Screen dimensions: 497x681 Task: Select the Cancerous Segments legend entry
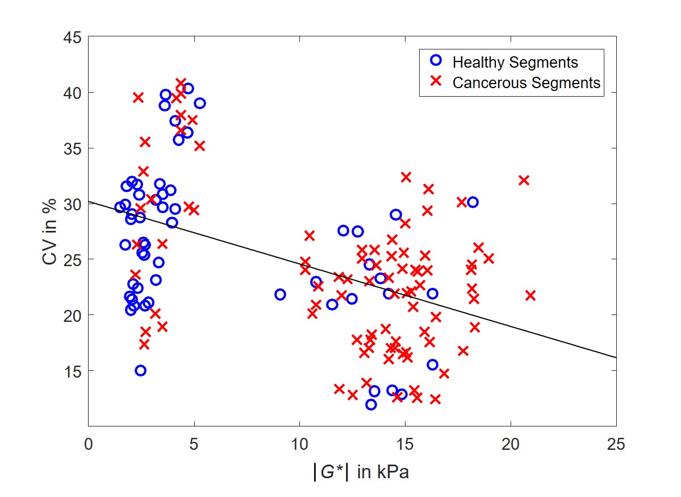tap(526, 82)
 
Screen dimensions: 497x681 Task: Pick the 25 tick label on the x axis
tap(616, 444)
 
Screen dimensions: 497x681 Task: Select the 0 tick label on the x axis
tap(88, 444)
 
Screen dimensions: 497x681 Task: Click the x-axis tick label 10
tap(299, 444)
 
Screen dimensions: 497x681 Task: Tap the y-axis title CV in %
tap(51, 231)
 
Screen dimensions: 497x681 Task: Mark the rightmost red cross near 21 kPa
tap(530, 295)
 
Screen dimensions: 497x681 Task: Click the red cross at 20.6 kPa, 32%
tap(524, 180)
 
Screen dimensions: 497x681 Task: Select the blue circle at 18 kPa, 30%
tap(473, 202)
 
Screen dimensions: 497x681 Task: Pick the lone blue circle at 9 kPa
tap(280, 295)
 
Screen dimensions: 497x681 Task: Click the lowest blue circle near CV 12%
tap(371, 404)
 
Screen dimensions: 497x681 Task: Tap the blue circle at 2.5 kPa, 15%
tap(140, 370)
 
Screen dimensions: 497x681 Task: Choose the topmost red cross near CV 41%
tap(181, 84)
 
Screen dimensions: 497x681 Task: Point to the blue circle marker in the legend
tap(436, 61)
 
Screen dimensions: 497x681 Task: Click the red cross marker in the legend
tap(436, 82)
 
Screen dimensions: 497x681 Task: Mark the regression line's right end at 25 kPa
tap(616, 357)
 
